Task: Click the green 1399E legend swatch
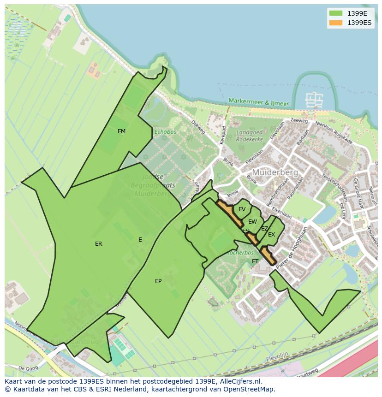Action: pos(336,13)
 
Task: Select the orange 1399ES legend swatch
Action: pos(336,23)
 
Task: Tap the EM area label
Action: pos(121,131)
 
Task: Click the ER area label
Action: pos(98,244)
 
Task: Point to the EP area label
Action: pos(158,281)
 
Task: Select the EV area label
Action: pos(242,209)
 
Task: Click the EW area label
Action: pos(252,222)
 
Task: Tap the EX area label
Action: pos(271,235)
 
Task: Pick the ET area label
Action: pos(255,261)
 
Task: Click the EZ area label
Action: pos(264,228)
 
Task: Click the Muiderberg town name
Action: pos(275,172)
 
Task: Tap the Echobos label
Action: pos(165,132)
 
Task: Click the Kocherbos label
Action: pos(240,253)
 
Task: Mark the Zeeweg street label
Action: pos(298,121)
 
